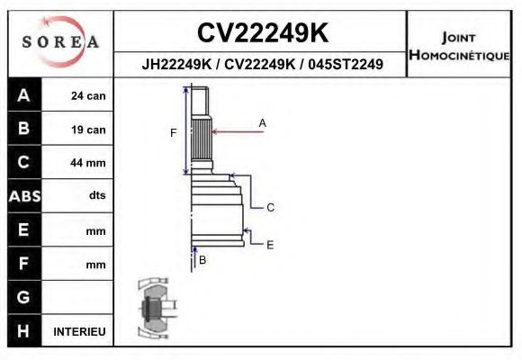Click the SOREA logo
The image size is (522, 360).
coord(59,42)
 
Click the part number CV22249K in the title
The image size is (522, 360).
coord(262,33)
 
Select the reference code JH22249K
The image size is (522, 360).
coord(176,65)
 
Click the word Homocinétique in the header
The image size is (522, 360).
coord(460,56)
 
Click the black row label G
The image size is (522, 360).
coord(23,297)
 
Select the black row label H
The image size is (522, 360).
coord(23,331)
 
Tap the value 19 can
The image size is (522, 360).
coord(89,130)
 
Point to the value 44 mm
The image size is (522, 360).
coord(89,163)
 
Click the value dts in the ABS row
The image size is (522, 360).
coord(97,196)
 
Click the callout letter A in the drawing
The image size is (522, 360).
coord(263,121)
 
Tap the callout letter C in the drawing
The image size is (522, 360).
coord(270,207)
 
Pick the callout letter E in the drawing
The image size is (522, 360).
coord(270,244)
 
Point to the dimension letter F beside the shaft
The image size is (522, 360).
coord(174,132)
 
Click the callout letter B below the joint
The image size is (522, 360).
coord(202,260)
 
